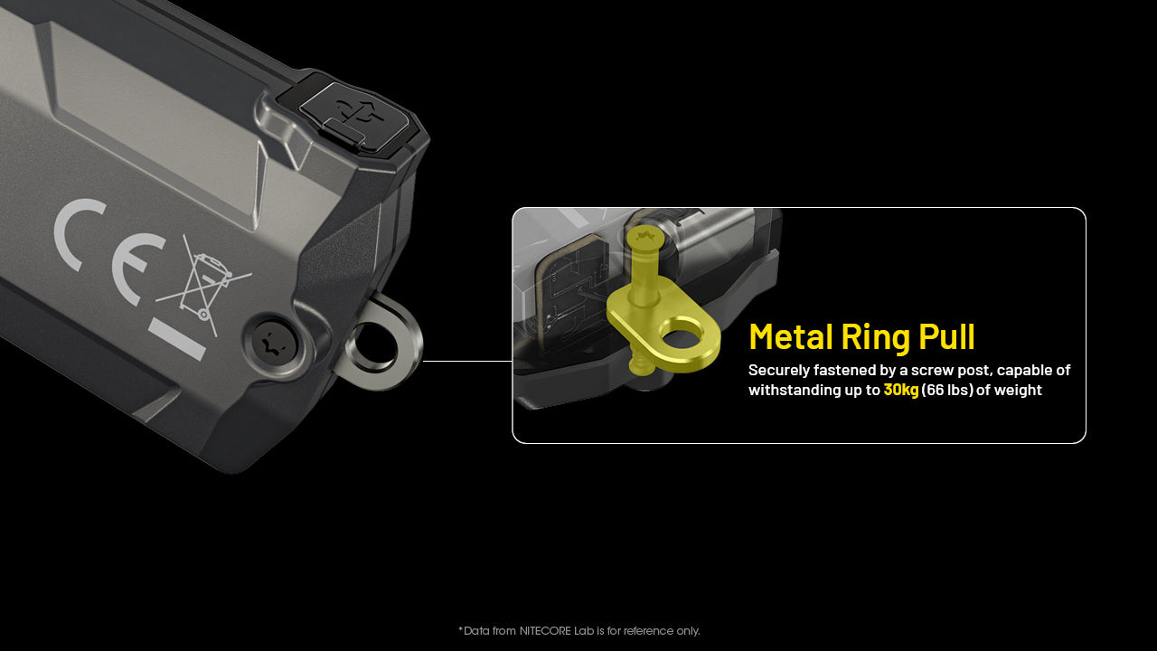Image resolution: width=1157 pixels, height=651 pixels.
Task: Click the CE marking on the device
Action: [108, 249]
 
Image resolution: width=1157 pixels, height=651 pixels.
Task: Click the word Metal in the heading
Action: [789, 336]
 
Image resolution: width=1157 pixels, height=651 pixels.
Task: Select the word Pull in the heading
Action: [946, 336]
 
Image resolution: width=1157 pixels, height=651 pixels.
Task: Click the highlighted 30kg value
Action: [900, 390]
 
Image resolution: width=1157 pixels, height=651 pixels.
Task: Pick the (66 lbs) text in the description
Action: [947, 390]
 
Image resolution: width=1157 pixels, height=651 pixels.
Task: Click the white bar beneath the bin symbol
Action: [178, 339]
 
